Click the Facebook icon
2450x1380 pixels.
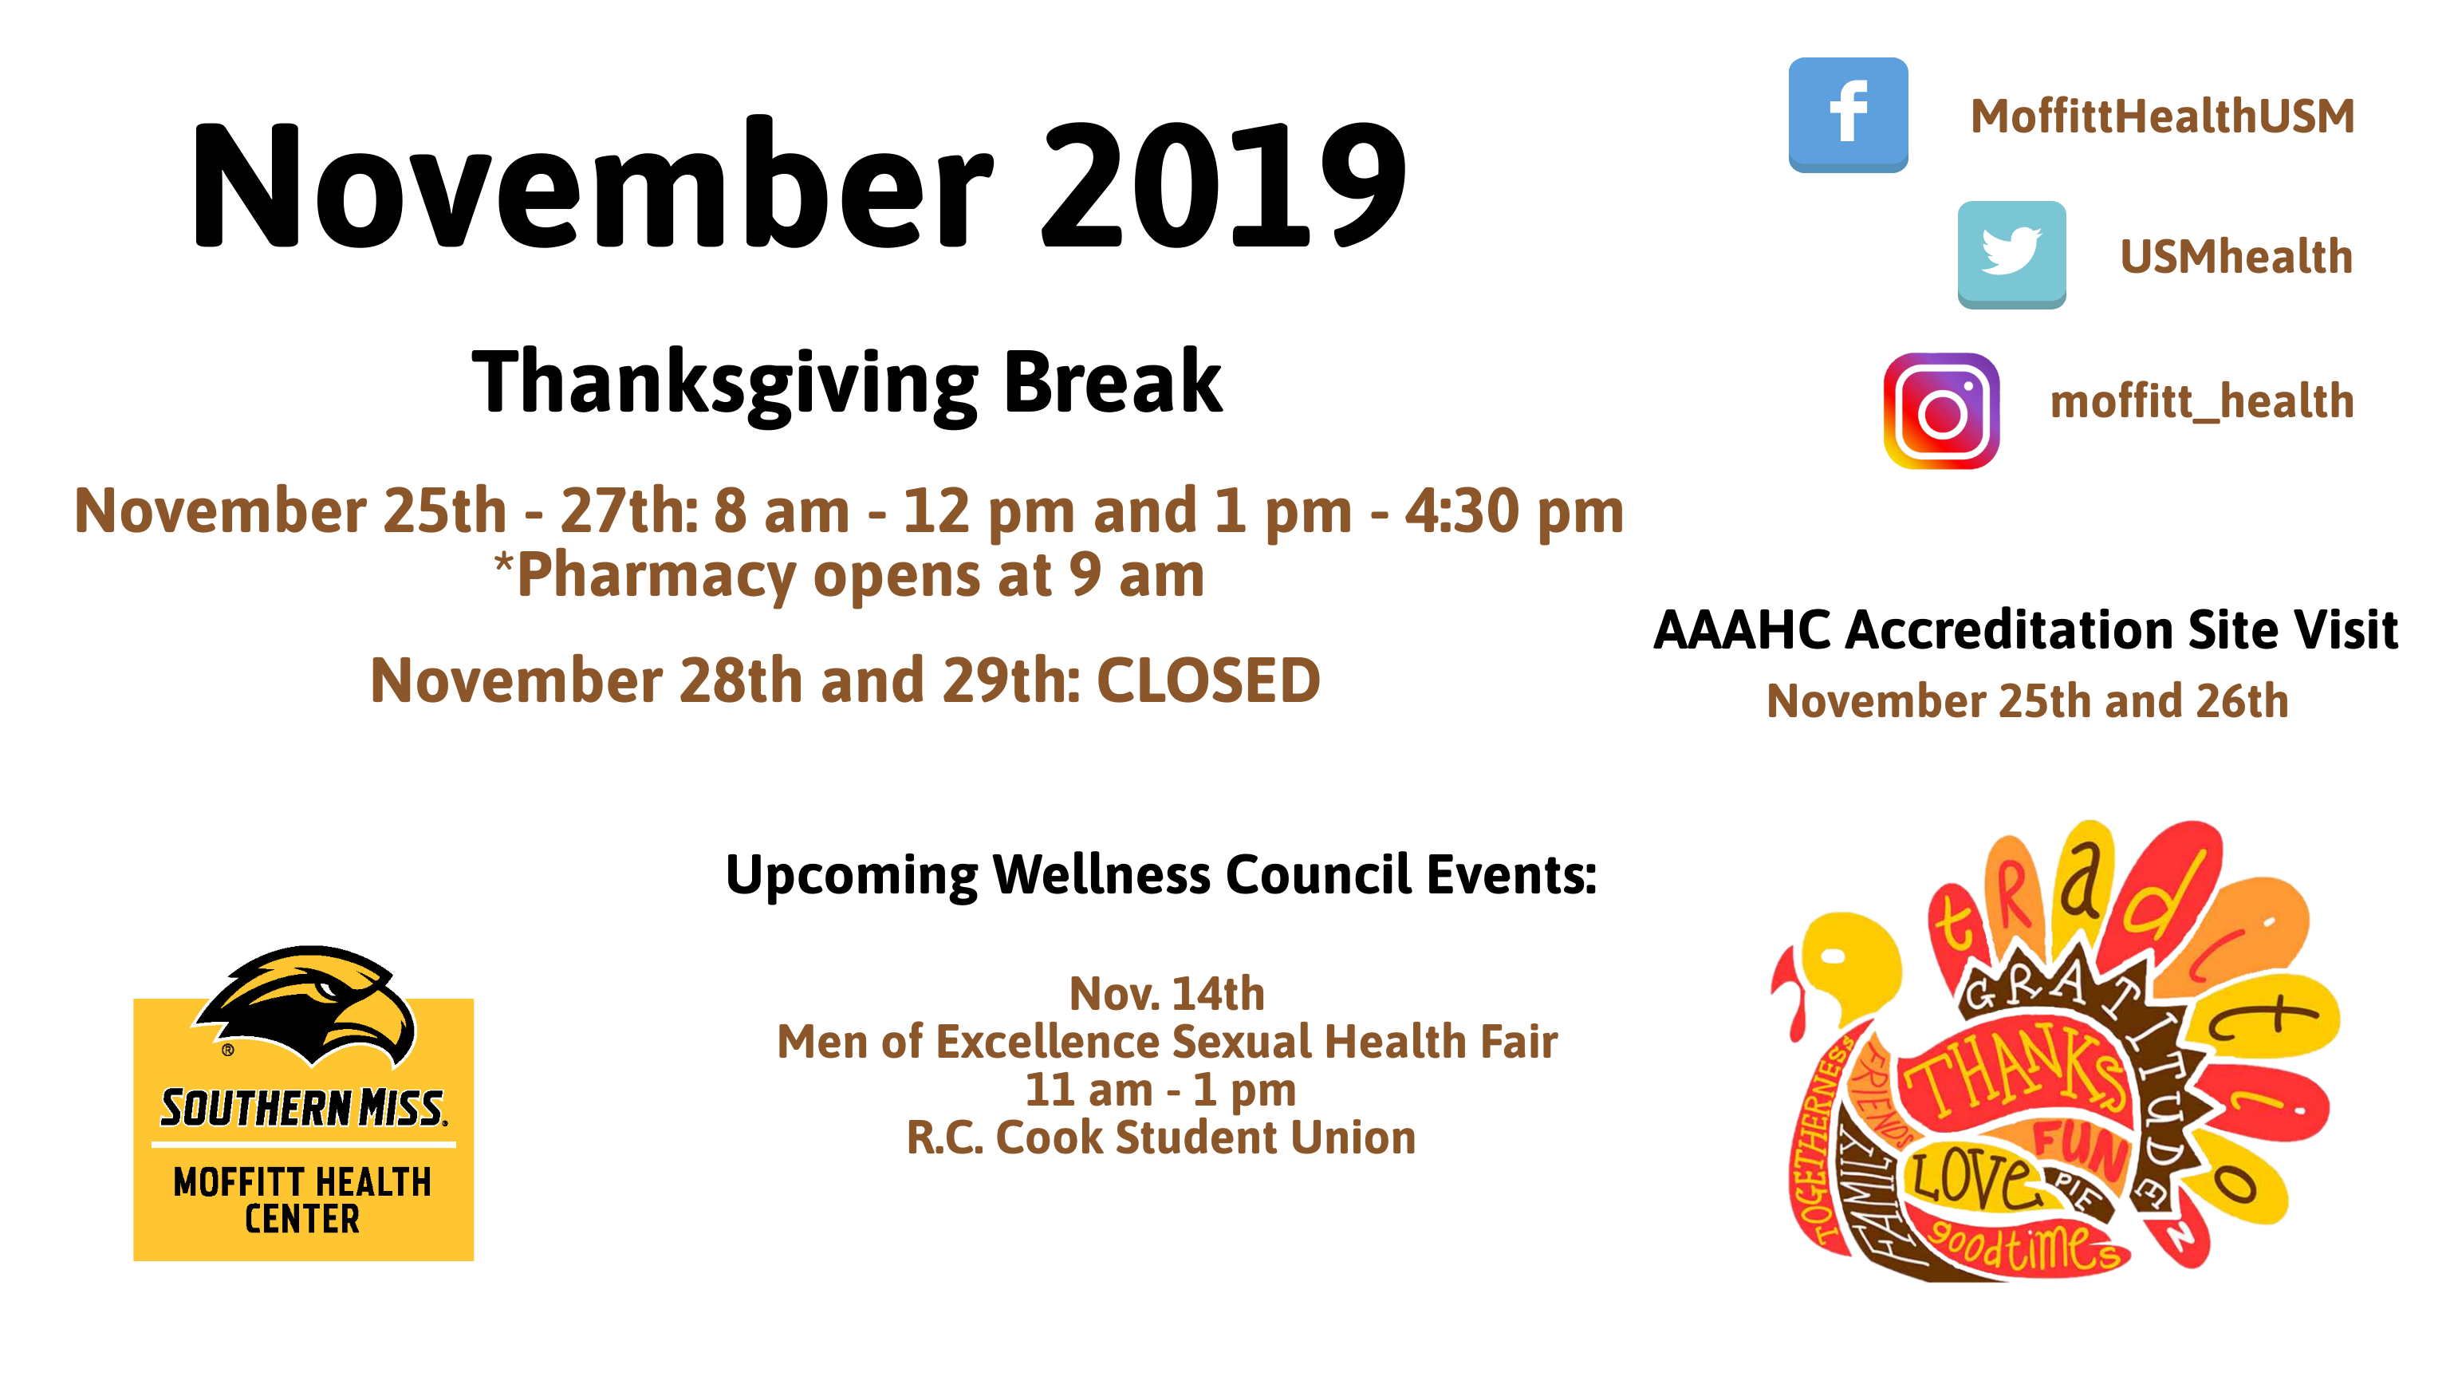point(1847,114)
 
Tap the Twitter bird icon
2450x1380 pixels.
point(2011,254)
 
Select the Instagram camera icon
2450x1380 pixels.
point(1941,411)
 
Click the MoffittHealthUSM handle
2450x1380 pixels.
point(2162,116)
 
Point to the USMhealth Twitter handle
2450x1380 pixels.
point(2236,257)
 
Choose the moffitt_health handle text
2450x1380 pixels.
point(2202,401)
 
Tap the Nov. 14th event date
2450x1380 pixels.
point(1167,994)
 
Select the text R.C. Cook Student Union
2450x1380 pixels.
point(1161,1138)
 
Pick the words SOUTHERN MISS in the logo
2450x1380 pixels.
point(302,1108)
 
